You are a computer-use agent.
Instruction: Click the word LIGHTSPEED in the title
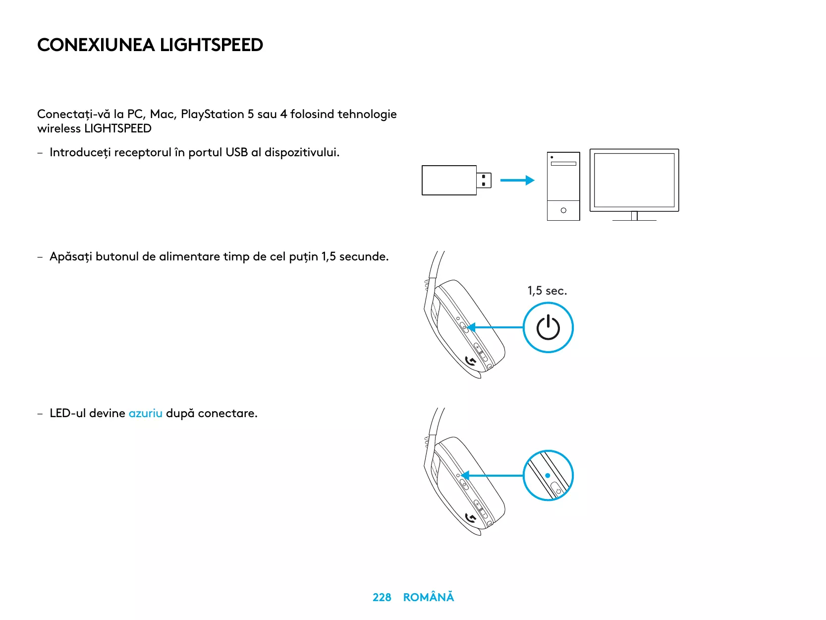[211, 45]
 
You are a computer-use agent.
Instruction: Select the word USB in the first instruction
[236, 152]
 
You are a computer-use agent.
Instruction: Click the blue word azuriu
[145, 413]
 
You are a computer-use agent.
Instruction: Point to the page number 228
[382, 597]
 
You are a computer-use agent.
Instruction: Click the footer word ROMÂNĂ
[428, 597]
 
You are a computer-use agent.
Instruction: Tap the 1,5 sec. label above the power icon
[547, 291]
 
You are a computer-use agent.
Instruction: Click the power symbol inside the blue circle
[548, 328]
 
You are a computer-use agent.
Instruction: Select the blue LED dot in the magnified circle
[548, 475]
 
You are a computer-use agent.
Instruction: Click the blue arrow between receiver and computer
[517, 181]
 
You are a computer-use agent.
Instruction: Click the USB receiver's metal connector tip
[484, 181]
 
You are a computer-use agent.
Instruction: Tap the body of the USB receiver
[449, 181]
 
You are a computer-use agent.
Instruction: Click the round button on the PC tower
[563, 210]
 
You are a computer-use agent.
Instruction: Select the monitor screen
[634, 180]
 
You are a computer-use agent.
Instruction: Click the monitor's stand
[634, 216]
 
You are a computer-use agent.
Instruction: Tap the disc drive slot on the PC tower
[563, 163]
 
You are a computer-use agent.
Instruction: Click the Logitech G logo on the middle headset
[471, 362]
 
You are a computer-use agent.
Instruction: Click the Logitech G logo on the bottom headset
[471, 518]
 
